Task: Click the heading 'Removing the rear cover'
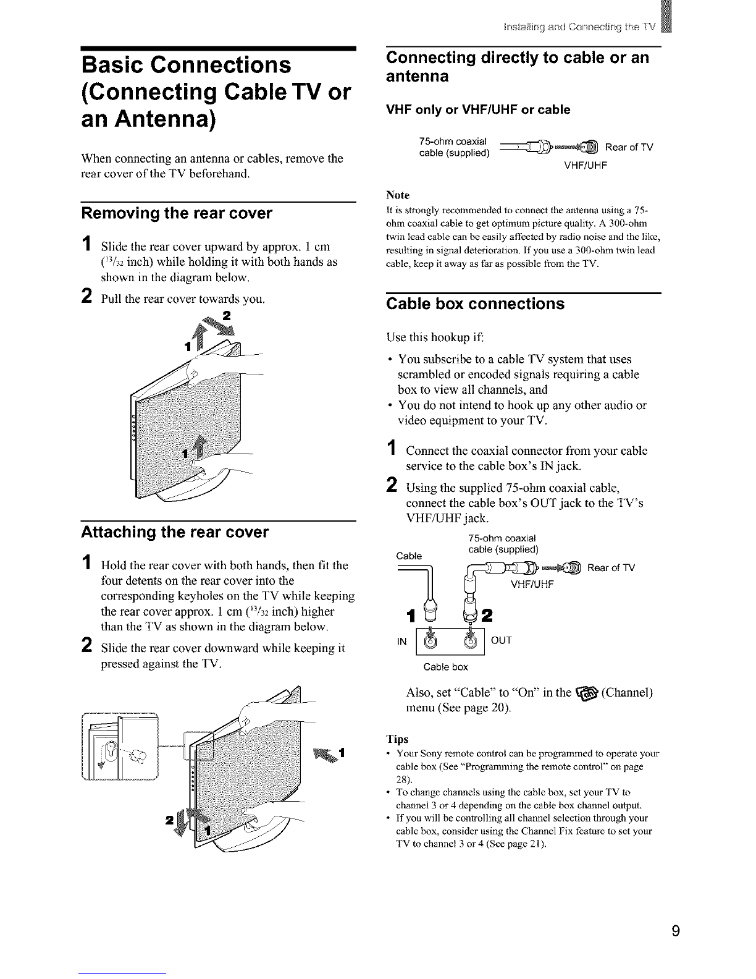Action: [177, 213]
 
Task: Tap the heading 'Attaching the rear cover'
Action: [175, 532]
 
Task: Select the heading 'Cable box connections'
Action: [475, 303]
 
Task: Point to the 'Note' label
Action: [398, 195]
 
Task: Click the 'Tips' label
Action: [397, 739]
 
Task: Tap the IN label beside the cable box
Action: [401, 641]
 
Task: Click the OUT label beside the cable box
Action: [501, 640]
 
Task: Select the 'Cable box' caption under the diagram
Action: [445, 667]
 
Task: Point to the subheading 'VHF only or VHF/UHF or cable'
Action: [478, 109]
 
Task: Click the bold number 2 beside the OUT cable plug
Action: [487, 615]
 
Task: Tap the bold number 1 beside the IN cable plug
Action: [410, 616]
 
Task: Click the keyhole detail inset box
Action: [120, 747]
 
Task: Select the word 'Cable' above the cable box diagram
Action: [409, 556]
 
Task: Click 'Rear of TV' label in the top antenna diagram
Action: [629, 147]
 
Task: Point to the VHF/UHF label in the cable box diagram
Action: [532, 585]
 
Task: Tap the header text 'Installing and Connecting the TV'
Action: [580, 27]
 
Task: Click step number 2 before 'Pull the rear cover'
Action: [87, 296]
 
